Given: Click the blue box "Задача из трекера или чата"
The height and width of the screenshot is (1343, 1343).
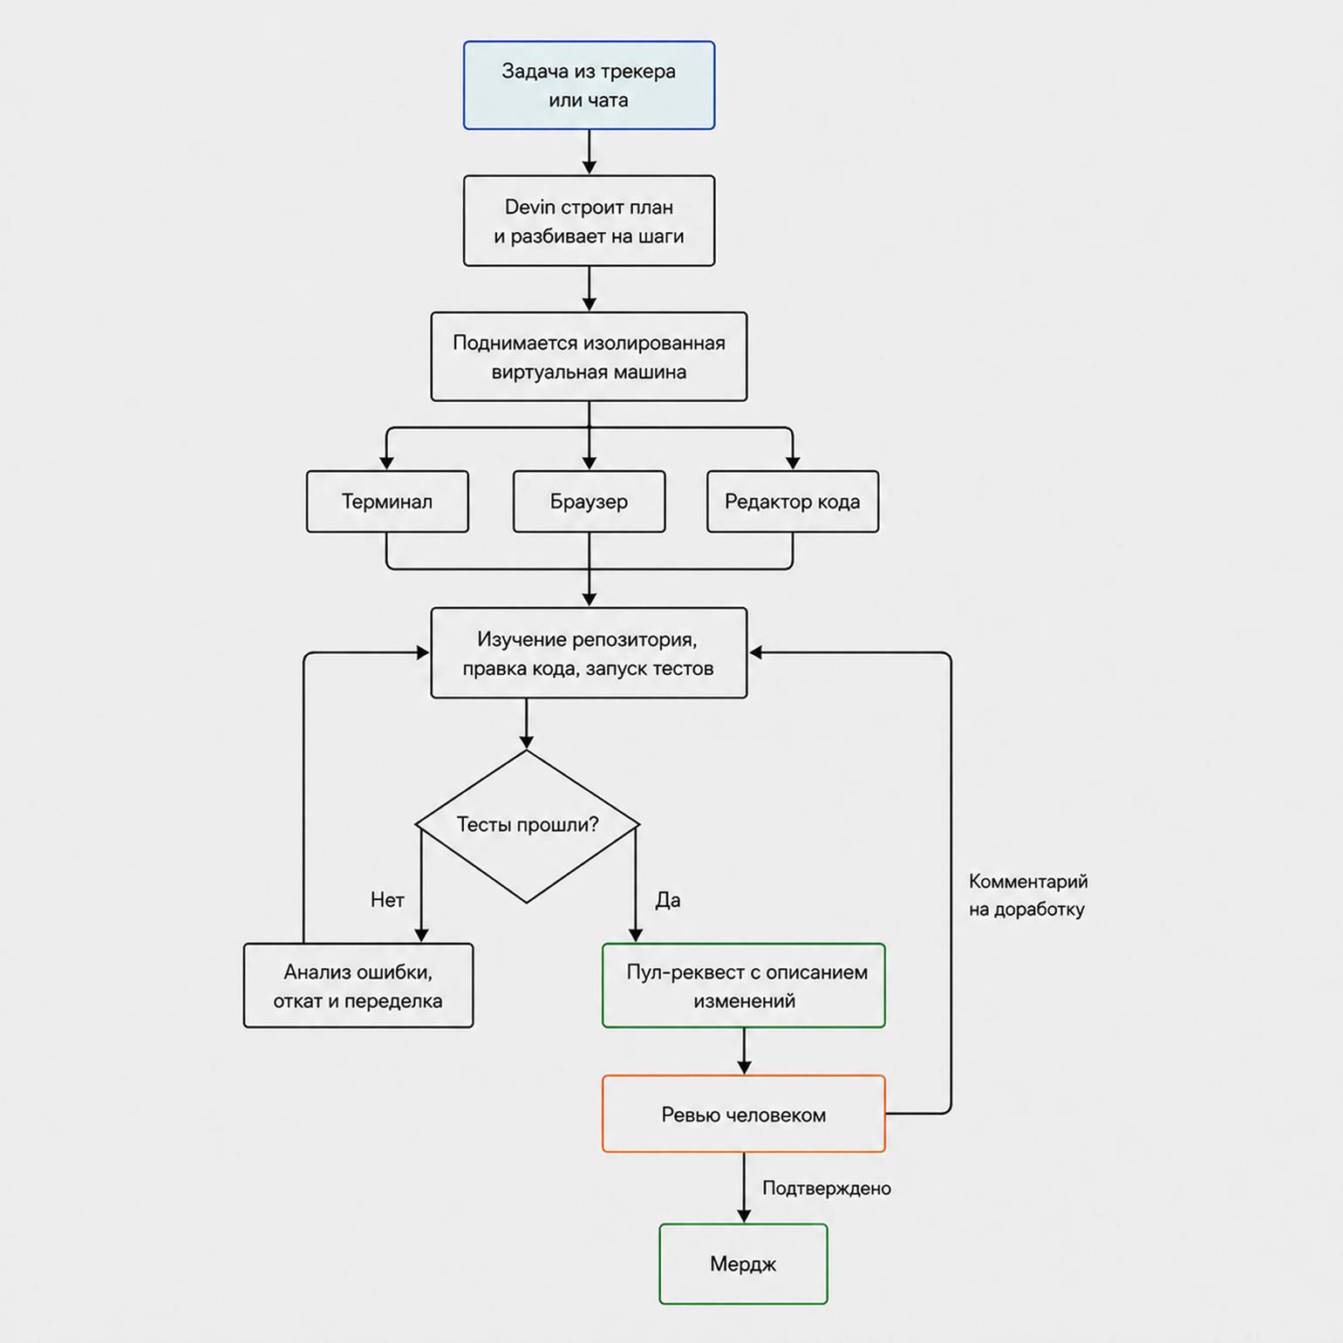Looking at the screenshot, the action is [x=589, y=85].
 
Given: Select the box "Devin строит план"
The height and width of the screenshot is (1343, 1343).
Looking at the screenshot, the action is [x=589, y=221].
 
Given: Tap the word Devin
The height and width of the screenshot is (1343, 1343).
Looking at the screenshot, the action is [x=530, y=208].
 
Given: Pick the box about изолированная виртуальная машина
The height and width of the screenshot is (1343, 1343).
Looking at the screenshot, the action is [x=589, y=357].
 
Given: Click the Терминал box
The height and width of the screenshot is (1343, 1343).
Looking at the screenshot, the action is [x=387, y=501].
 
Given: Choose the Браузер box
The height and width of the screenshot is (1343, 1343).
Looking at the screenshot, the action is [x=589, y=501].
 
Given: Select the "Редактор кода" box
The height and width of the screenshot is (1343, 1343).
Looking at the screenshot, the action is [x=793, y=501].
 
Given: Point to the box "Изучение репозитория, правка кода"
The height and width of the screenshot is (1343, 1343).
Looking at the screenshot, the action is [x=589, y=653].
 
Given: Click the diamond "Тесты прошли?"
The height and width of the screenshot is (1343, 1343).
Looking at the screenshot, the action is [x=527, y=825].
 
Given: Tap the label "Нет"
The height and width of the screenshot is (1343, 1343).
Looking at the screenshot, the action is [x=387, y=900].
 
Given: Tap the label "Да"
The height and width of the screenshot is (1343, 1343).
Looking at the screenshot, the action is [x=668, y=900].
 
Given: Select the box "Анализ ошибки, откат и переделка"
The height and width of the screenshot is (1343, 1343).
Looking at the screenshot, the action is [x=358, y=985].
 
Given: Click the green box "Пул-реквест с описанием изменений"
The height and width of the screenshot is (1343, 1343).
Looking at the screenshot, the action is [x=744, y=985].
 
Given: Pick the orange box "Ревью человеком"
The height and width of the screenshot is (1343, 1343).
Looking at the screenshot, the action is [x=744, y=1114].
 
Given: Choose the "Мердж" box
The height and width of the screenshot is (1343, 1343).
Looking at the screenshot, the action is [x=743, y=1264].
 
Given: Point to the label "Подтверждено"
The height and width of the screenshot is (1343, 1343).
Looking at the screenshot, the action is [x=827, y=1188].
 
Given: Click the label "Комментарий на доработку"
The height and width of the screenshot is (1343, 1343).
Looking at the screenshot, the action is [x=1028, y=896].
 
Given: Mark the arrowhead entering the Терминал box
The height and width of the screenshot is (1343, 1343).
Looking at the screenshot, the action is [x=386, y=463].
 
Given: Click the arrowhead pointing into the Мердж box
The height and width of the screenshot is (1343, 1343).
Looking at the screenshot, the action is [x=744, y=1217].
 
